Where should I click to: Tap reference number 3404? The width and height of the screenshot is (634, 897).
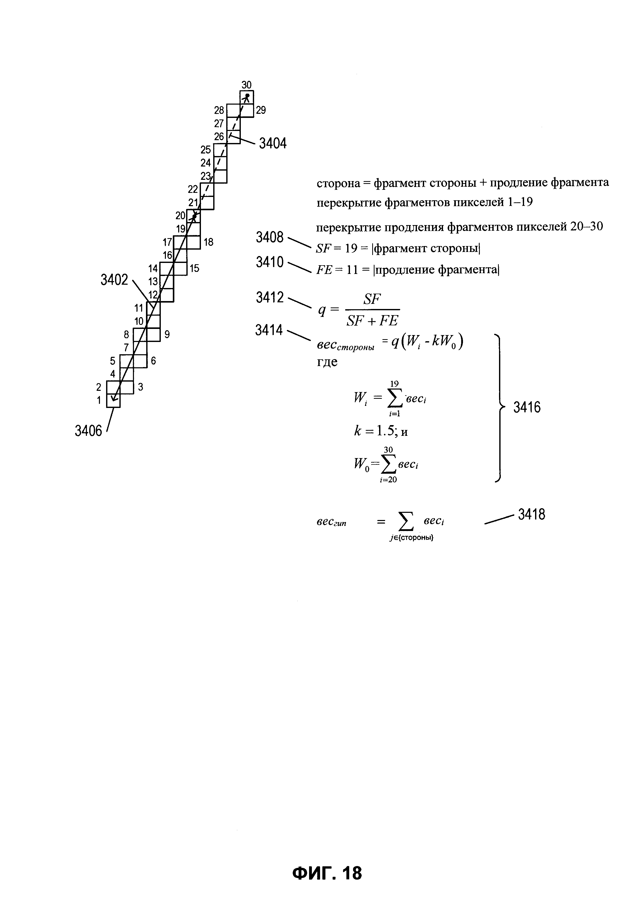click(273, 144)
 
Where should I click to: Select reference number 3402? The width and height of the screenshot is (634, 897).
click(114, 280)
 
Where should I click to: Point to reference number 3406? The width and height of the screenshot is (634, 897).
click(88, 431)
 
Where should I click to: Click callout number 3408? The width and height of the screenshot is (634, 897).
click(269, 237)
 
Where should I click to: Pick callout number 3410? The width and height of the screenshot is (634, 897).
click(269, 262)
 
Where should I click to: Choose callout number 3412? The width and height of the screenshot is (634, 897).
click(269, 298)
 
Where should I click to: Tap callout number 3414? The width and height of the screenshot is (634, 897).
click(269, 330)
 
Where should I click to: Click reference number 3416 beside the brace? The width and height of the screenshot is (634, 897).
click(527, 407)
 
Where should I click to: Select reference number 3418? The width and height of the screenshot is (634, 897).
click(531, 515)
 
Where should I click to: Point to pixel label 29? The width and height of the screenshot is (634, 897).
click(261, 110)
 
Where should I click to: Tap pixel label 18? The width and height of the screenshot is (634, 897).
click(208, 242)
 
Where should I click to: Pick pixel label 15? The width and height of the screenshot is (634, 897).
click(194, 268)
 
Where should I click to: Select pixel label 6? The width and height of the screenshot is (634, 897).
click(153, 361)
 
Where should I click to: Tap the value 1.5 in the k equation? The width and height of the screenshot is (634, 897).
click(386, 431)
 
